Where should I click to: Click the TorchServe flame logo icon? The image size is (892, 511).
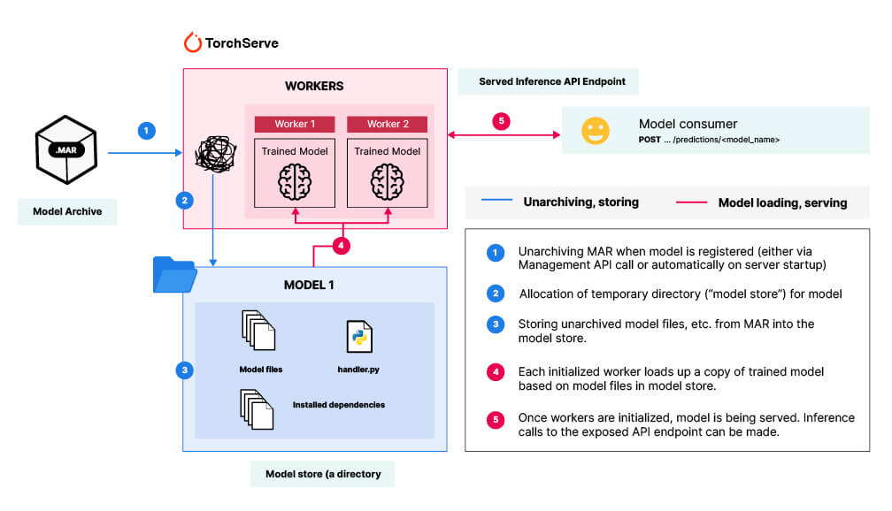[x=192, y=42]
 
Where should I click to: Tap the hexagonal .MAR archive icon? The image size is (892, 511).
[x=66, y=153]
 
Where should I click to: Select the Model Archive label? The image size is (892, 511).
[x=67, y=211]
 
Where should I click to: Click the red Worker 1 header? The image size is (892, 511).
[x=293, y=124]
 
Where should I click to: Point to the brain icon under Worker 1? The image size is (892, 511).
[x=294, y=181]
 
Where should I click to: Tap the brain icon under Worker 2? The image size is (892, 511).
[x=386, y=181]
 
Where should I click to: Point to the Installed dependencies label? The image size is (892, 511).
[x=339, y=405]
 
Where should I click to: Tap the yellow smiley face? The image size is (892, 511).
[x=595, y=131]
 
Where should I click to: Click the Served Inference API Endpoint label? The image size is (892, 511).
[x=551, y=81]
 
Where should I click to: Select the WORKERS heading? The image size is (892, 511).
[x=313, y=87]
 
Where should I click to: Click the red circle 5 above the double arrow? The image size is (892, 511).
[x=502, y=121]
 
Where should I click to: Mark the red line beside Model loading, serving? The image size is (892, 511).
[x=691, y=202]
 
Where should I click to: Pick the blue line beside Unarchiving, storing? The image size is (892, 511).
[x=497, y=202]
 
